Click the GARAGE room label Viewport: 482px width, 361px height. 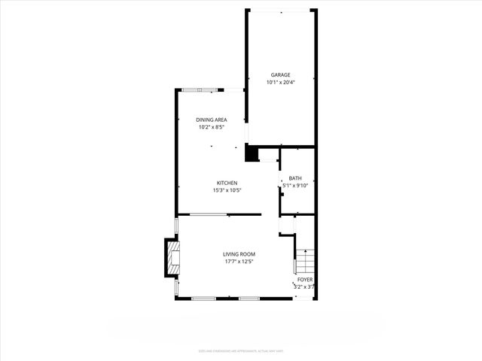[280, 74]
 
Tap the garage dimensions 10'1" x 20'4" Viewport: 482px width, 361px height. [280, 82]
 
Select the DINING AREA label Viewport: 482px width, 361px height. [212, 120]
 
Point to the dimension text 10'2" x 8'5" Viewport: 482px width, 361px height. [212, 127]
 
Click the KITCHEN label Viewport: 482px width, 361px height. [227, 183]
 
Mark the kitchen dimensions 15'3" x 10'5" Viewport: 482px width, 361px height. [227, 190]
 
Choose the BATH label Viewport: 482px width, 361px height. [295, 178]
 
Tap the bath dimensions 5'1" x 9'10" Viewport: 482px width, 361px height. [295, 185]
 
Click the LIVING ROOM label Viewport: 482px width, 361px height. [239, 254]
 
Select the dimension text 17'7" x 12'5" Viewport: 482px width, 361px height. [239, 262]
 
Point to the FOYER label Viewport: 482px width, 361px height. [304, 279]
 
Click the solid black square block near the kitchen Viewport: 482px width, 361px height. [252, 153]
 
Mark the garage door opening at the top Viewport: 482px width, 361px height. [281, 11]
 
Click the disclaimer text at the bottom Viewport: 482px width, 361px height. [241, 350]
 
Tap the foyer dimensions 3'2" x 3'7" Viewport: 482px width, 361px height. [304, 287]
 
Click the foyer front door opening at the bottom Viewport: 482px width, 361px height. [303, 299]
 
